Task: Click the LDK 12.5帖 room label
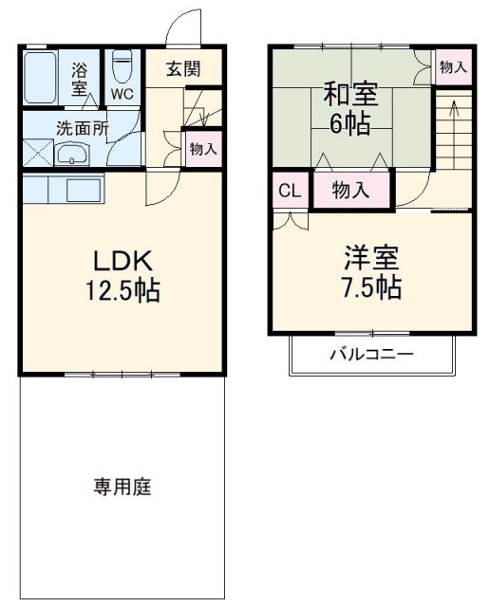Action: (x=122, y=276)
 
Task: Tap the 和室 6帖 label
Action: (x=350, y=110)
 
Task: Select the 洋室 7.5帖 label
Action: (x=371, y=272)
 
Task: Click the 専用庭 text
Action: (x=122, y=487)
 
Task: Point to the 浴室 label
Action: (x=80, y=78)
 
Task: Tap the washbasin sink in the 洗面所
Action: (x=71, y=155)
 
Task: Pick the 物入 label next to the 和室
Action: (x=452, y=66)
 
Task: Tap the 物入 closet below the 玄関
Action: (x=202, y=149)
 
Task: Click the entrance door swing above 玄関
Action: (x=186, y=28)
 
